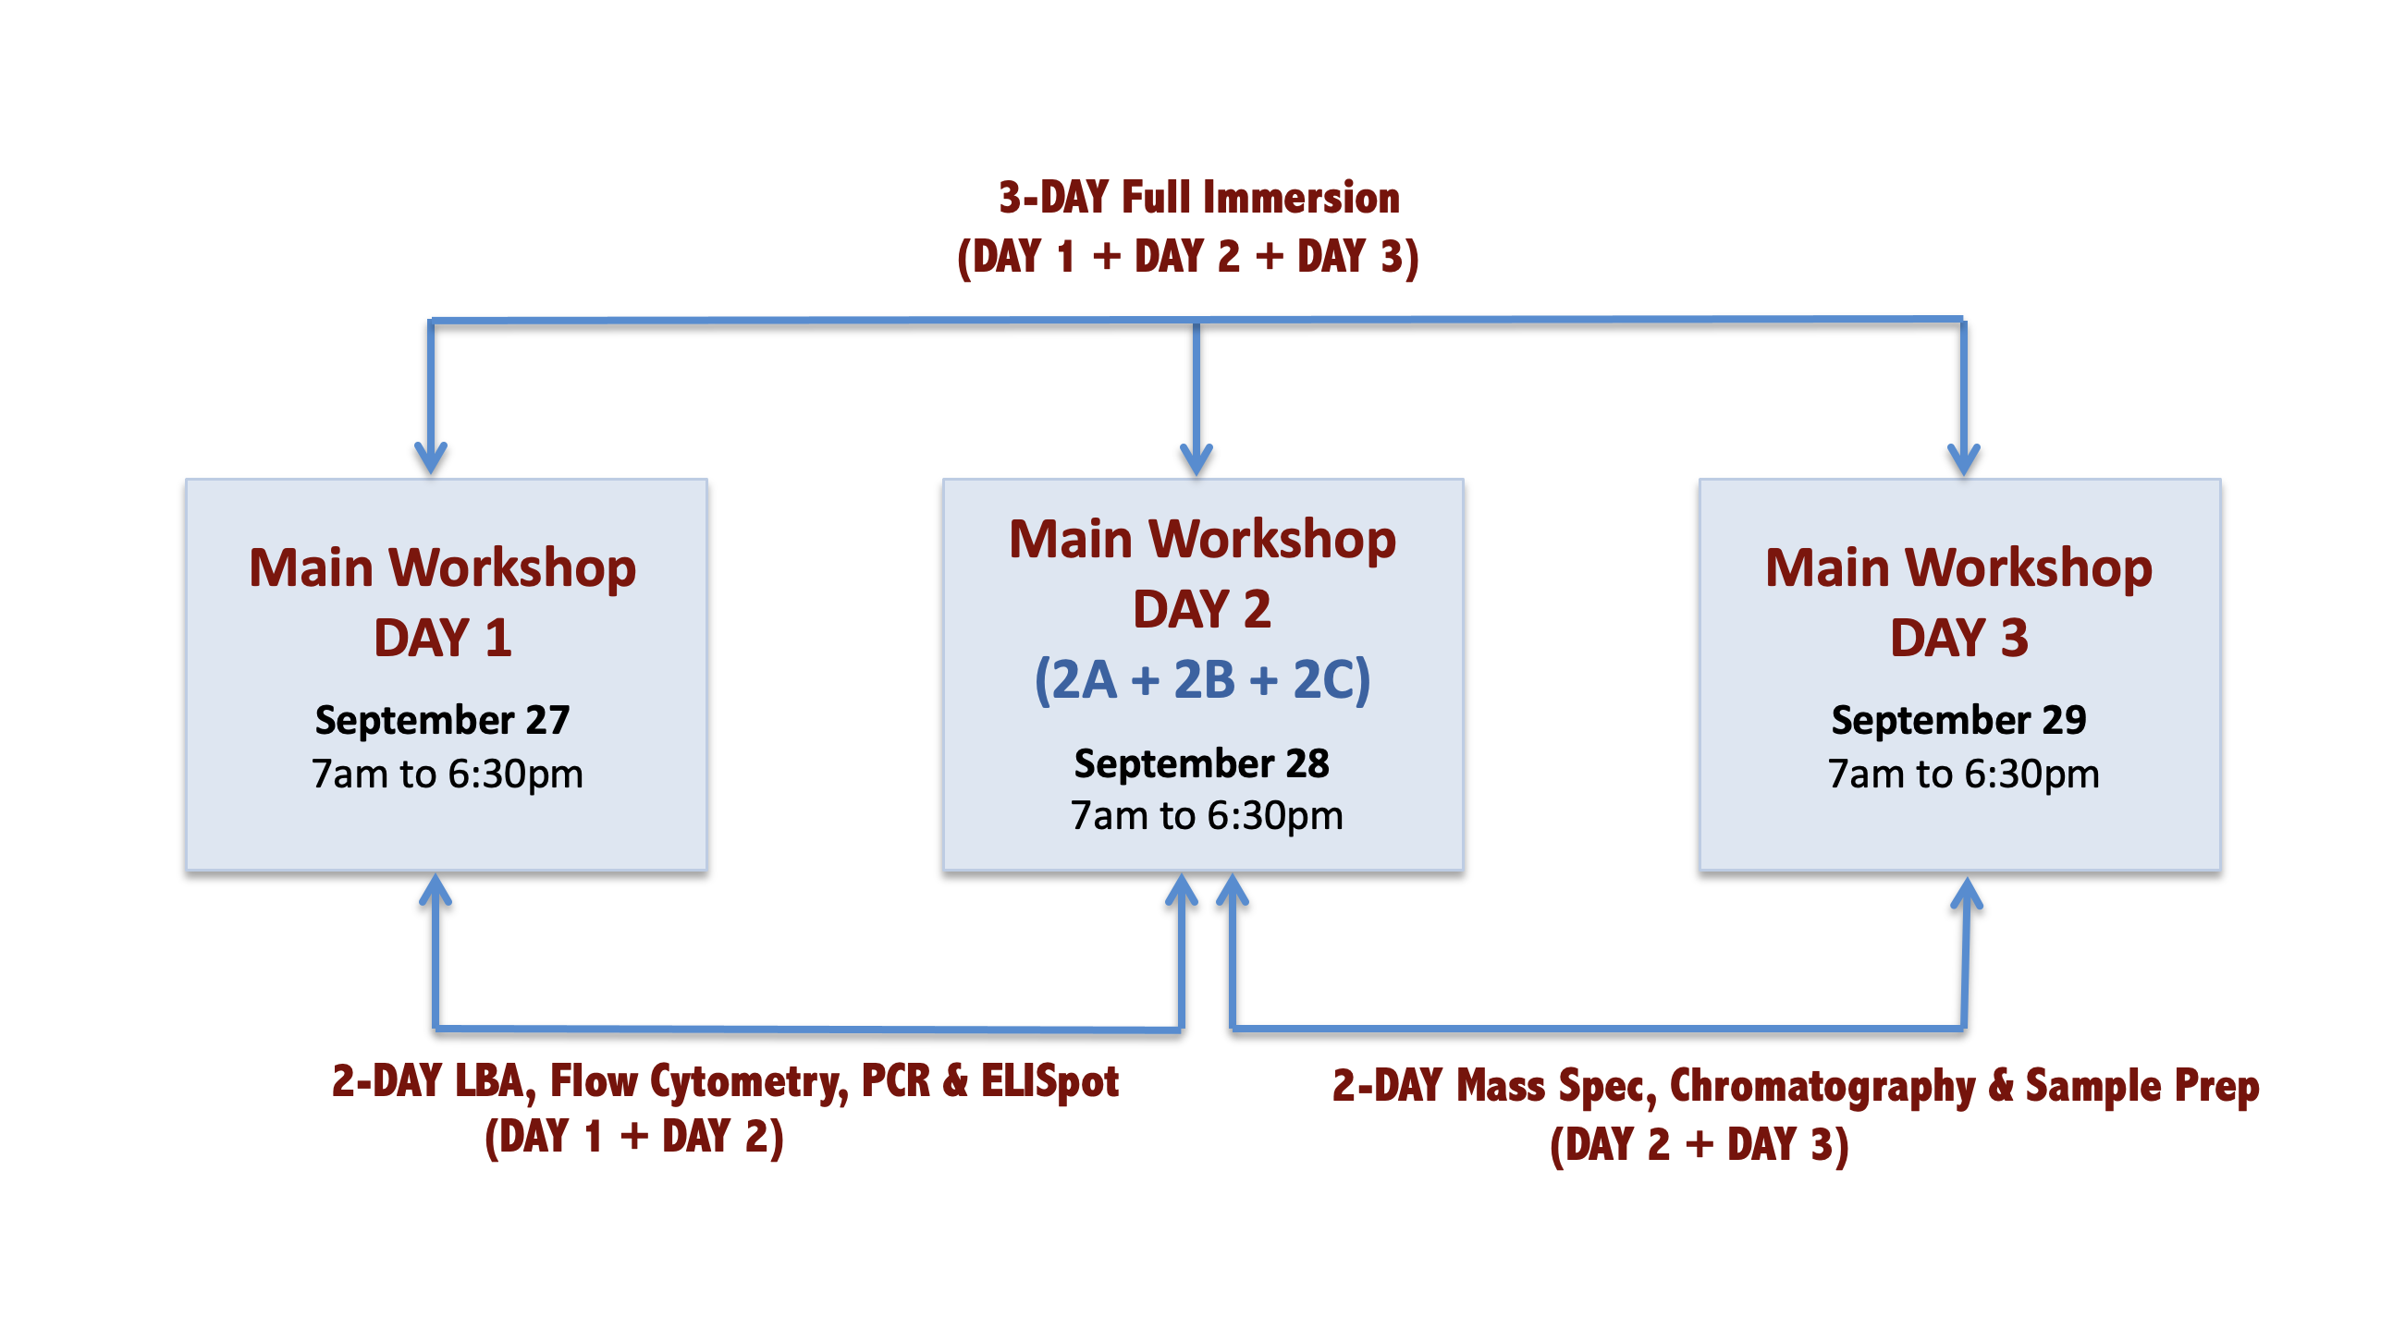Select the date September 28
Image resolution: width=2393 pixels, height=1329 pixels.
click(1201, 764)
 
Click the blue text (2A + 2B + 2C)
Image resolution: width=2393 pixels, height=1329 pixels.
click(1202, 680)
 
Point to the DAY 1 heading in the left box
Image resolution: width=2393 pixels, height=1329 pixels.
click(442, 638)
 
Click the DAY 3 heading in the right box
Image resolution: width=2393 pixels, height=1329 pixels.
click(1959, 638)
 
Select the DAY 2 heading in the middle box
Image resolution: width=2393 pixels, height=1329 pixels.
click(1201, 609)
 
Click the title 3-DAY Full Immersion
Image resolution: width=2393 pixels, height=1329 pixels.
click(1198, 198)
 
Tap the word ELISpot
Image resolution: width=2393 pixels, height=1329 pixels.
click(1049, 1082)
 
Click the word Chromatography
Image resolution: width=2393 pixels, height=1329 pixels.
click(1822, 1087)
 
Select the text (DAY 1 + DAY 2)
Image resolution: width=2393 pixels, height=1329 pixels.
click(634, 1138)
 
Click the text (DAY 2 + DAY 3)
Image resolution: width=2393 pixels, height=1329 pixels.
click(1700, 1145)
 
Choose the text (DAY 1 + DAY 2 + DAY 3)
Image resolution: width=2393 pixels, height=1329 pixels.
click(1188, 257)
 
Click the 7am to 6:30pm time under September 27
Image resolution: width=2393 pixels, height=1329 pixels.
click(447, 774)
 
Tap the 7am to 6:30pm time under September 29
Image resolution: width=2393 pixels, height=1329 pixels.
click(1963, 774)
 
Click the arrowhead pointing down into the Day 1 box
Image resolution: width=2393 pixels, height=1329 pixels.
click(431, 458)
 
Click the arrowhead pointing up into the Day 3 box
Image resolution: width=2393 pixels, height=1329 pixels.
click(1967, 894)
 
